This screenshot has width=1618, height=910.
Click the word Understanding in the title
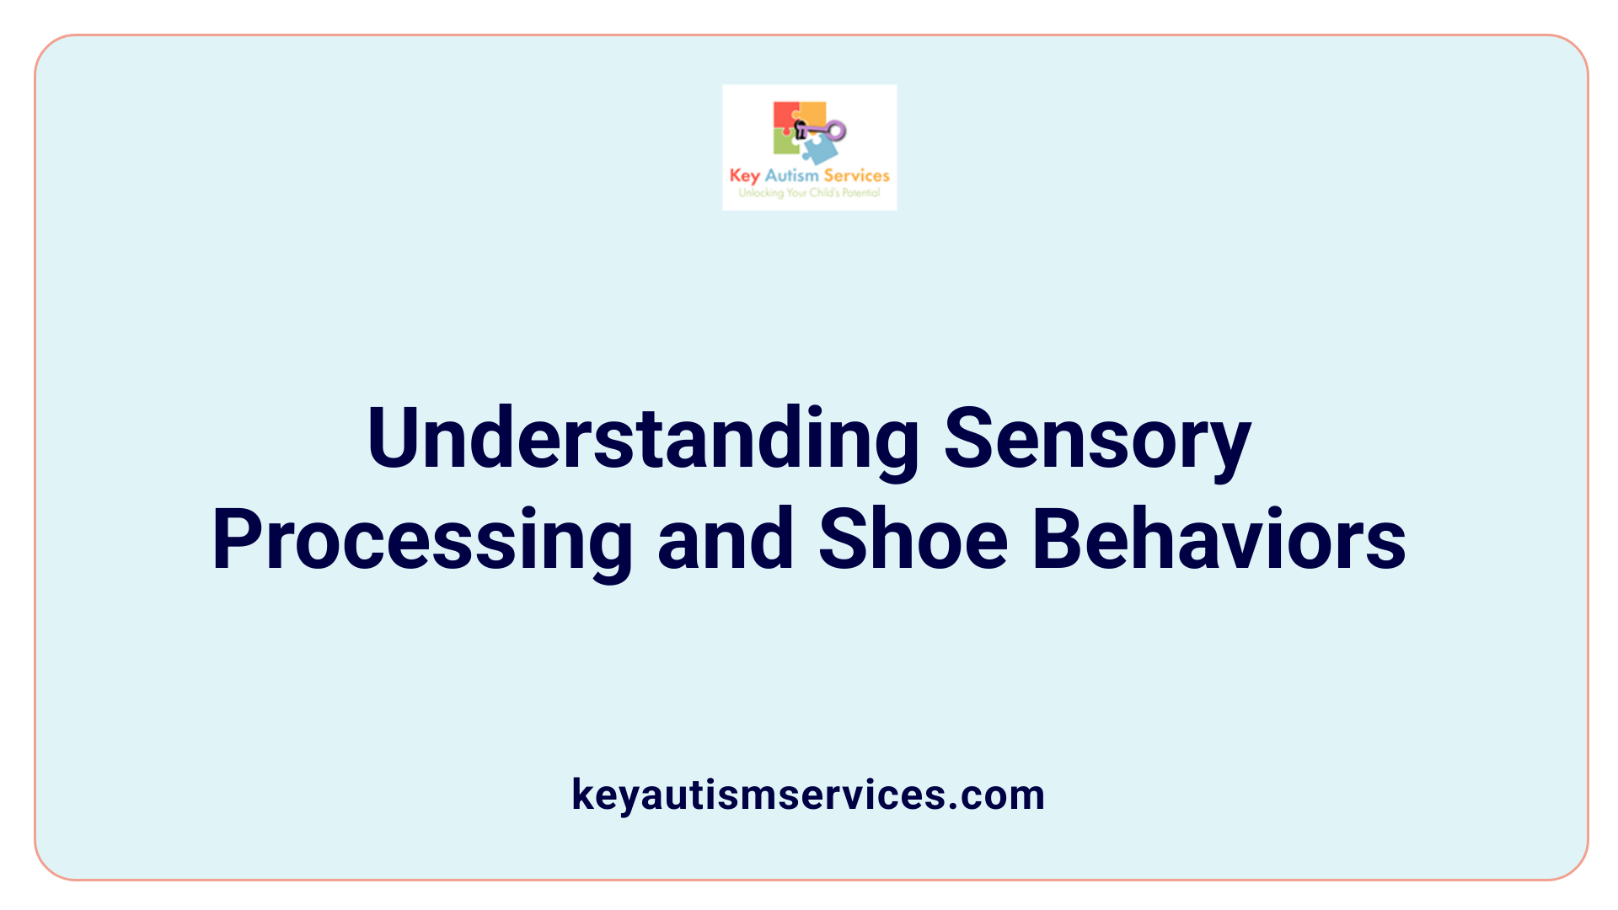[x=643, y=439]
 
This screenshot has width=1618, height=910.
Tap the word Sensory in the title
[x=1097, y=439]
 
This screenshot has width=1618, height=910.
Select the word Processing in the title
[x=422, y=540]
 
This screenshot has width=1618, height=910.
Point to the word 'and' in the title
[x=725, y=540]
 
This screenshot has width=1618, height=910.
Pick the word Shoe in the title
[x=913, y=540]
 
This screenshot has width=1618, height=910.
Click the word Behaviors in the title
[x=1219, y=540]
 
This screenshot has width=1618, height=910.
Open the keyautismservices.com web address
[x=808, y=795]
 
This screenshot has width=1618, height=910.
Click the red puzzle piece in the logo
[x=785, y=116]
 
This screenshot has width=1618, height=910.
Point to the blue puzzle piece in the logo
[x=819, y=150]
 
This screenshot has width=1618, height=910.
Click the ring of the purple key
[x=835, y=131]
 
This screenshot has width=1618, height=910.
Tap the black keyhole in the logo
[x=801, y=130]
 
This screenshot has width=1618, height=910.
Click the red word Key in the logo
[x=744, y=176]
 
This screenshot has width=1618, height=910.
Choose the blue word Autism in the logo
[x=791, y=175]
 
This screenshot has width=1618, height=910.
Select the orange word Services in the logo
[x=856, y=175]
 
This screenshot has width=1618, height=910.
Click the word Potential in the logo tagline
[x=860, y=193]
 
